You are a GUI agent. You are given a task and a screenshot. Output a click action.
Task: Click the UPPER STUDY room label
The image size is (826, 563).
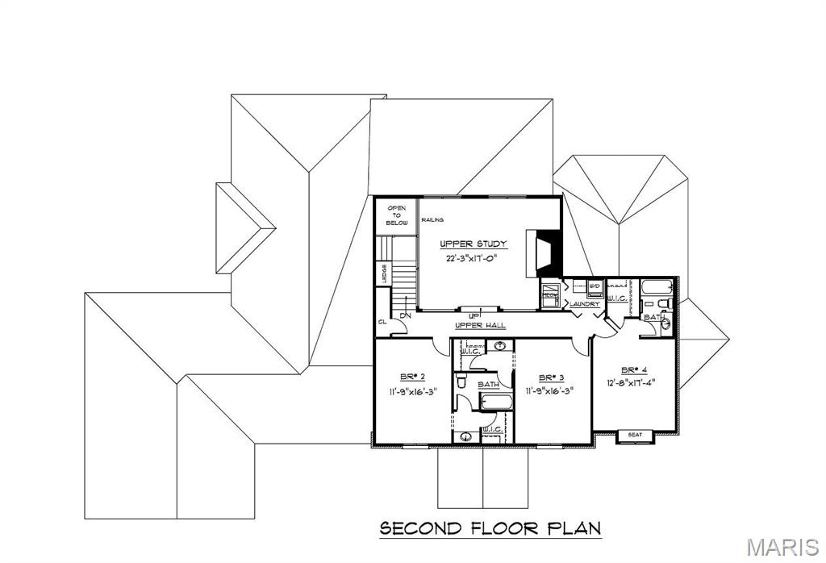tap(473, 244)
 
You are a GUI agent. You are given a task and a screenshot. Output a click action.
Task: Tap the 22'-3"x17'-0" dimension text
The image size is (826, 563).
tap(473, 259)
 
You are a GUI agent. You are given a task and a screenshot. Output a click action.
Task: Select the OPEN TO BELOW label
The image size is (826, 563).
tap(396, 215)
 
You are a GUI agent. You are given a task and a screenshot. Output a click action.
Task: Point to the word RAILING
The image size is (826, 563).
tap(433, 219)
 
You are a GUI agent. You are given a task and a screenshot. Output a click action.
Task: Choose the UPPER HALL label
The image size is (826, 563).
tap(481, 324)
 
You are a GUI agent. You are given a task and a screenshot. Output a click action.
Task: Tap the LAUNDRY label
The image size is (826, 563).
tap(585, 304)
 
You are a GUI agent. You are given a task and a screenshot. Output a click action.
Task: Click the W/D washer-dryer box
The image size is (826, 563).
tap(594, 286)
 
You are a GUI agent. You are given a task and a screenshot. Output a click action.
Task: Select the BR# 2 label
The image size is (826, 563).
tap(412, 377)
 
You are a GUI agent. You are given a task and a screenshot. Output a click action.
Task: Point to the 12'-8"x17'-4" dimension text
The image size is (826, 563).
tap(625, 382)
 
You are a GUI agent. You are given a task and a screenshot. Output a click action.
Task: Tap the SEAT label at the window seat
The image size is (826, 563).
tap(635, 436)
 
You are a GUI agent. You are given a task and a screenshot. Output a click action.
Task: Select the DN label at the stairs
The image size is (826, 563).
tap(406, 315)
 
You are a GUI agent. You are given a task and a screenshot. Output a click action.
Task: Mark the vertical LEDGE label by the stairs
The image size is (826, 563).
tap(384, 273)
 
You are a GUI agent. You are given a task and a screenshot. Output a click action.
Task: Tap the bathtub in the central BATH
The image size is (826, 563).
tap(493, 402)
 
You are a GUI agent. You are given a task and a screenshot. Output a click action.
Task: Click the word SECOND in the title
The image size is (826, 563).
tap(419, 529)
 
